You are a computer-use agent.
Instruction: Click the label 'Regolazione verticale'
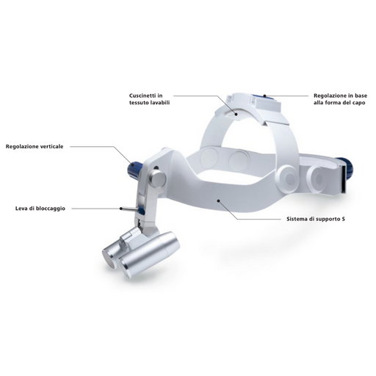(x=35, y=146)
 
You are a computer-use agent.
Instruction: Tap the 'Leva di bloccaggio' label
(x=40, y=209)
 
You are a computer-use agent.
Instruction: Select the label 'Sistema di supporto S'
(x=316, y=219)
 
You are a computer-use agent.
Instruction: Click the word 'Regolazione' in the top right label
(x=330, y=95)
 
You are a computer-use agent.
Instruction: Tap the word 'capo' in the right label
(x=358, y=103)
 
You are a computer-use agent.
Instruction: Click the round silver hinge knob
(x=157, y=178)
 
